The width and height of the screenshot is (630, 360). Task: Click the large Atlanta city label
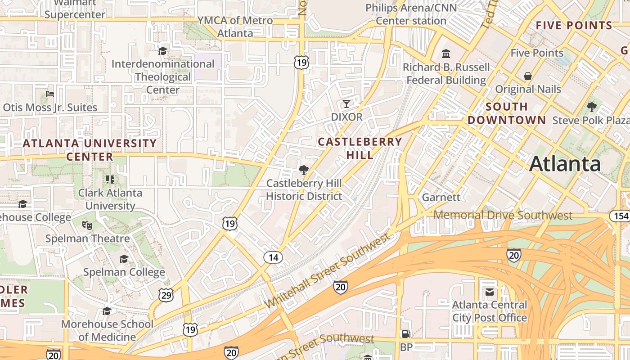click(x=565, y=164)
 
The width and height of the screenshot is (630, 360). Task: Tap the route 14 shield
click(x=273, y=257)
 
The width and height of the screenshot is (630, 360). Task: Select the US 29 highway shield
click(x=166, y=295)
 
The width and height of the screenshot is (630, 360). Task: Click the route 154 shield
click(x=620, y=216)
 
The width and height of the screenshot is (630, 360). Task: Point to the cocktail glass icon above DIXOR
click(x=346, y=104)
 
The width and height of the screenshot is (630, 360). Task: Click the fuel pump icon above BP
click(x=406, y=334)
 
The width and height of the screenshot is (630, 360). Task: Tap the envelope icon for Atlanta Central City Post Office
click(x=490, y=292)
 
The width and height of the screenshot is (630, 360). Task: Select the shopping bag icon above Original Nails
click(x=528, y=76)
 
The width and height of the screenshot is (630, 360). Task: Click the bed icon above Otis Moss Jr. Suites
click(x=50, y=94)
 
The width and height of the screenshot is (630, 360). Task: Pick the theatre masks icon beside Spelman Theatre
click(x=87, y=225)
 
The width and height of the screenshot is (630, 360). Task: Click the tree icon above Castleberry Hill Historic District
click(x=304, y=170)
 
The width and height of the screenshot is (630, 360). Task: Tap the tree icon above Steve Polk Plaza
click(x=591, y=107)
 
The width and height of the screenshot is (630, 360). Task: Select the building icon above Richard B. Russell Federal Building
click(x=446, y=54)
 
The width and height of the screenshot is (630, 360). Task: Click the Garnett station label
click(x=441, y=198)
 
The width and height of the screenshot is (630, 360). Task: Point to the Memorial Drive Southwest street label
click(x=503, y=215)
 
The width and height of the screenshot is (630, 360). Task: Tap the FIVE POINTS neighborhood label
click(x=574, y=26)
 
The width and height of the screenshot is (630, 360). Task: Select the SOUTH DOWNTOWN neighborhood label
click(x=507, y=113)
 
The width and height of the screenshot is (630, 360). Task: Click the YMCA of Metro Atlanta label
click(x=235, y=27)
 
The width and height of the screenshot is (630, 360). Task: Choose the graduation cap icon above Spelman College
click(x=124, y=259)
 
